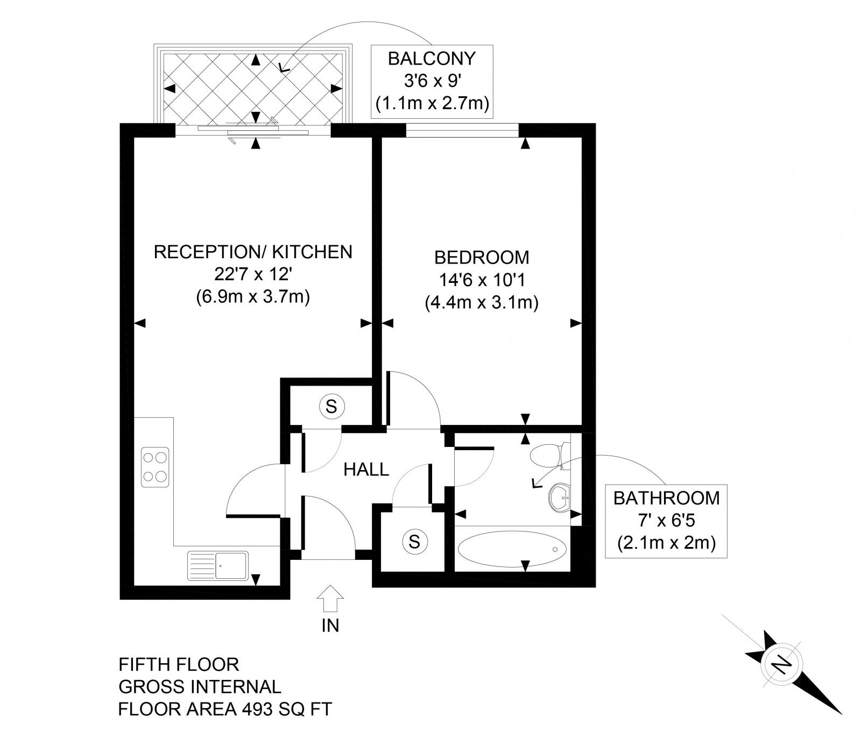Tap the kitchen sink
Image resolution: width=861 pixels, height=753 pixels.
[x=217, y=566]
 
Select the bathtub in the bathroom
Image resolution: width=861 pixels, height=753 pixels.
[x=511, y=549]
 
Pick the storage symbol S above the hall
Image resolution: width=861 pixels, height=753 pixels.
[x=331, y=407]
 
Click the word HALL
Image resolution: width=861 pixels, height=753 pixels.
[x=366, y=470]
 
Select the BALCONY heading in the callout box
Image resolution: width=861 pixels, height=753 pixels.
[x=432, y=58]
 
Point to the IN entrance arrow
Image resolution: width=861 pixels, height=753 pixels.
[x=330, y=598]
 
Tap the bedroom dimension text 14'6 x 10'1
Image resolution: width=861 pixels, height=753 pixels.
[x=482, y=280]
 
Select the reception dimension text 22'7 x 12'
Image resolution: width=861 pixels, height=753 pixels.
[x=253, y=274]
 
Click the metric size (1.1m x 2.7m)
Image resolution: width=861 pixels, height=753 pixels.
[x=432, y=103]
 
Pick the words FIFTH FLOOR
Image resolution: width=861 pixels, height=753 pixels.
[x=179, y=664]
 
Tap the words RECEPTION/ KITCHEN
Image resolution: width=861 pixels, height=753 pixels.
[x=253, y=251]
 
